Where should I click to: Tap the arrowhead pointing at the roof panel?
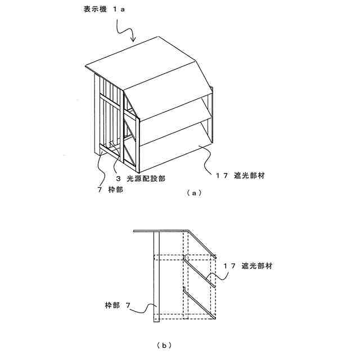point(133,39)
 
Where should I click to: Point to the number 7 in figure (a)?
point(99,190)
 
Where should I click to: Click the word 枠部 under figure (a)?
point(116,190)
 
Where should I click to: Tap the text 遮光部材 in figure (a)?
point(249,175)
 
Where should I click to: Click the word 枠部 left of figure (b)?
point(112,305)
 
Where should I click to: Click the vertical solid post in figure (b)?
point(156,276)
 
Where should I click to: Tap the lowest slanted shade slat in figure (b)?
point(200,304)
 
